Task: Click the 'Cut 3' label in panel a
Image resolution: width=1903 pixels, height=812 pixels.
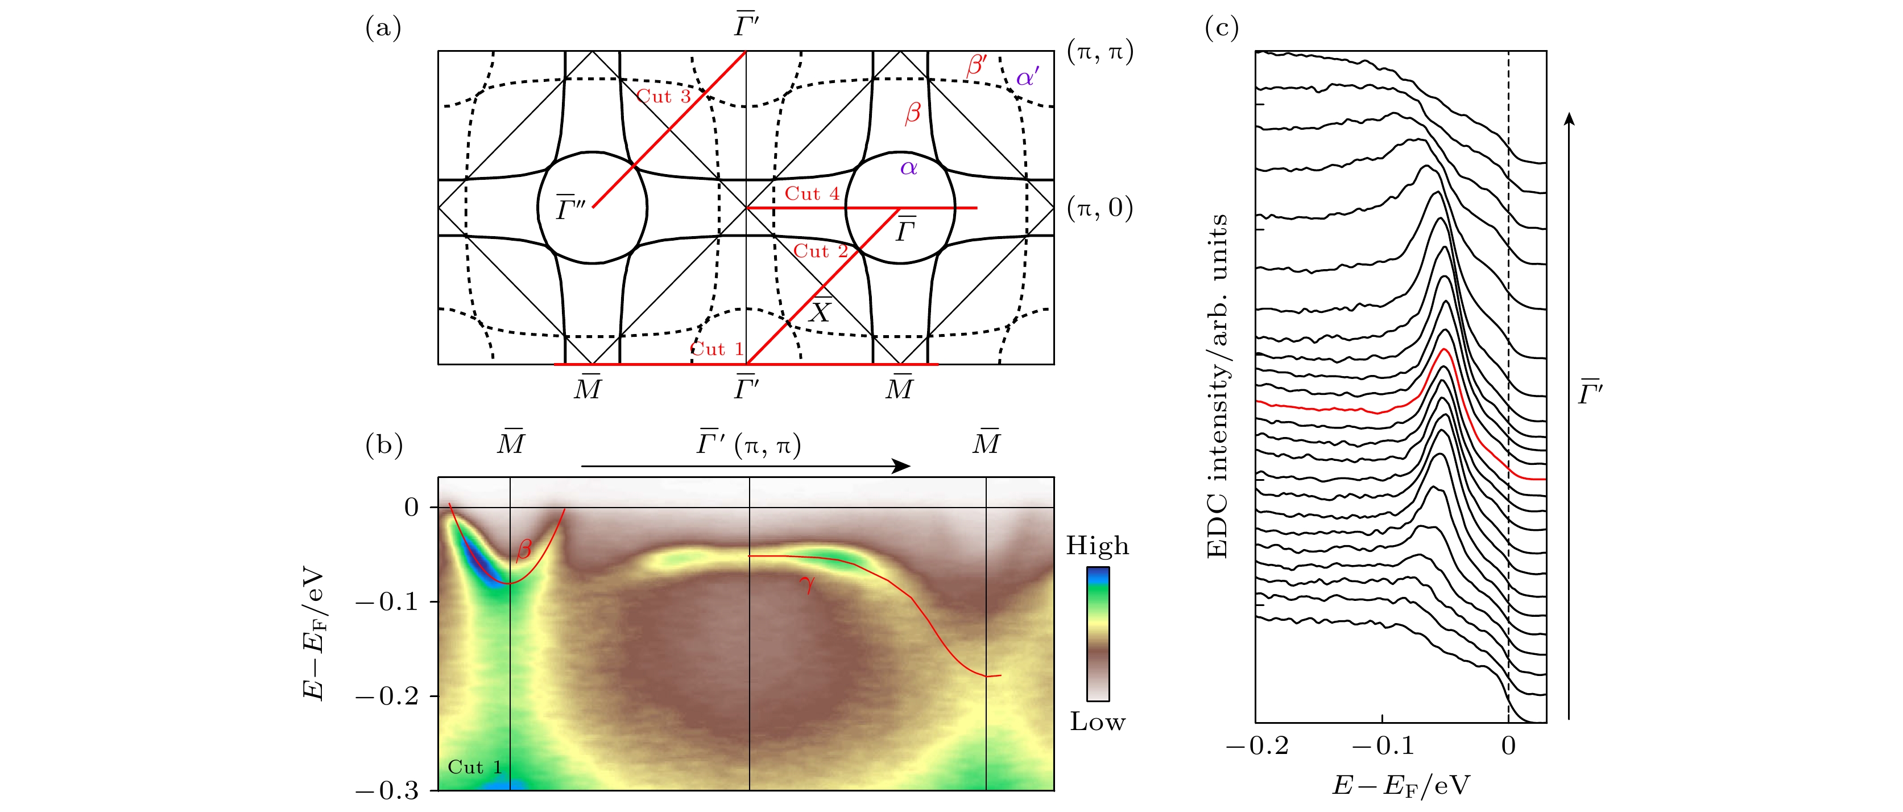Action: [x=663, y=97]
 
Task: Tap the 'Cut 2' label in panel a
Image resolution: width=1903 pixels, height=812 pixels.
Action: [x=820, y=251]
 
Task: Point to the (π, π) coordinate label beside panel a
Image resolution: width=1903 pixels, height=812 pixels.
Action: [x=1099, y=52]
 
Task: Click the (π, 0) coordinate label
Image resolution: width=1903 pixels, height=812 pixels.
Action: [x=1099, y=208]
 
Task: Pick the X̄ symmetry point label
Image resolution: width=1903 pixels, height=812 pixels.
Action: [x=819, y=310]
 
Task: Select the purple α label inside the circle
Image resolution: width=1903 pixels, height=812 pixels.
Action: [x=909, y=168]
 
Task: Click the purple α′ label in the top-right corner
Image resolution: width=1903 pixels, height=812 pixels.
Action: [x=1027, y=77]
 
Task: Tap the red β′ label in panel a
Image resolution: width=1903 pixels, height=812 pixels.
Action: [x=976, y=65]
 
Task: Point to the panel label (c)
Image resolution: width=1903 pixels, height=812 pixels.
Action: [x=1221, y=28]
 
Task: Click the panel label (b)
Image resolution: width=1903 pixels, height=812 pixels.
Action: [x=383, y=445]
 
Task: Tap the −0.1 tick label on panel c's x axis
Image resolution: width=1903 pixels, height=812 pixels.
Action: [x=1381, y=746]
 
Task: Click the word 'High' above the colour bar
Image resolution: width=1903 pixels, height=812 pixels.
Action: [x=1097, y=546]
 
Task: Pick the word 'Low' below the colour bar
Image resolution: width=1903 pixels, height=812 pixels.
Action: [x=1097, y=722]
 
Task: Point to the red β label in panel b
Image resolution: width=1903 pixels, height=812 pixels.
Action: [x=524, y=549]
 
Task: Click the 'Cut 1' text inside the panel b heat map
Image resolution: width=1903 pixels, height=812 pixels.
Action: [x=474, y=768]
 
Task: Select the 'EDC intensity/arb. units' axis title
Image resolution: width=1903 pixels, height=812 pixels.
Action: [x=1217, y=386]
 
